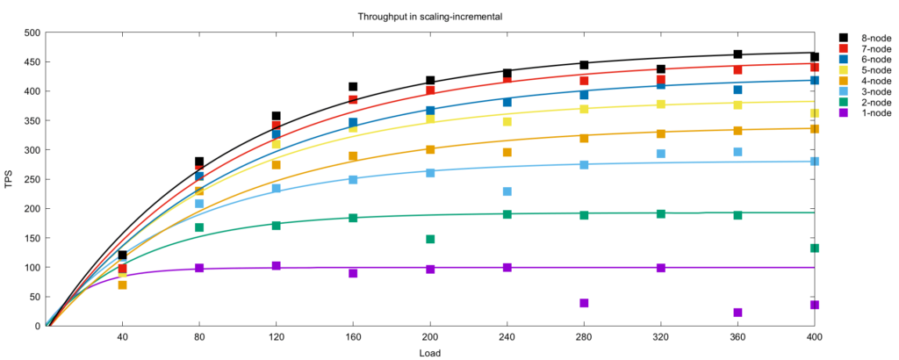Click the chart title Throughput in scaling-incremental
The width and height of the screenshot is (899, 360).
[425, 17]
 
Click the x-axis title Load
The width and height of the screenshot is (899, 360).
[429, 353]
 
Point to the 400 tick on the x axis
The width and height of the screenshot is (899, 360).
[815, 336]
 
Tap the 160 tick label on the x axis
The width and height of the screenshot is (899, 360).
[353, 336]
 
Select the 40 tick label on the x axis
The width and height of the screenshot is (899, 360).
[122, 336]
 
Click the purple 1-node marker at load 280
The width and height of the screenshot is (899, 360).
[584, 303]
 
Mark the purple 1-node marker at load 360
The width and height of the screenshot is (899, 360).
[737, 313]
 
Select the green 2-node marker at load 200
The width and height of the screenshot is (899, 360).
[430, 239]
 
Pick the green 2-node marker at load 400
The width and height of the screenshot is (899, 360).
[815, 248]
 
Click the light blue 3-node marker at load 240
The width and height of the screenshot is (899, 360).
[507, 191]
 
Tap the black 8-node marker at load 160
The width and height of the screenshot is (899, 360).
[353, 87]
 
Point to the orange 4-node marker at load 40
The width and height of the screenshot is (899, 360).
[122, 284]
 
